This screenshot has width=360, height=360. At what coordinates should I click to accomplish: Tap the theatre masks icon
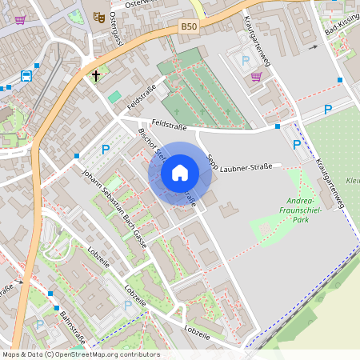tap(99, 16)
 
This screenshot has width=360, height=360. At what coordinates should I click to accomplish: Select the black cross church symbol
tap(96, 77)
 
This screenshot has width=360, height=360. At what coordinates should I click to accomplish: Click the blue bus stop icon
tap(26, 77)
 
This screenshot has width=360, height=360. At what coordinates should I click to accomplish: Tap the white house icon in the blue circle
tap(180, 173)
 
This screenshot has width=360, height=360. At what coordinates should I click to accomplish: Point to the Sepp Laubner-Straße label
tap(240, 167)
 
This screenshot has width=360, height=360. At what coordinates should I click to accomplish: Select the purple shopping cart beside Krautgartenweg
tap(256, 77)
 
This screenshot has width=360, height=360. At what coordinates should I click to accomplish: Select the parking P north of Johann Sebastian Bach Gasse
tap(106, 149)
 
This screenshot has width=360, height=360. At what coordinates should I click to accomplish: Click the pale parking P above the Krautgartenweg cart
tap(245, 59)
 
